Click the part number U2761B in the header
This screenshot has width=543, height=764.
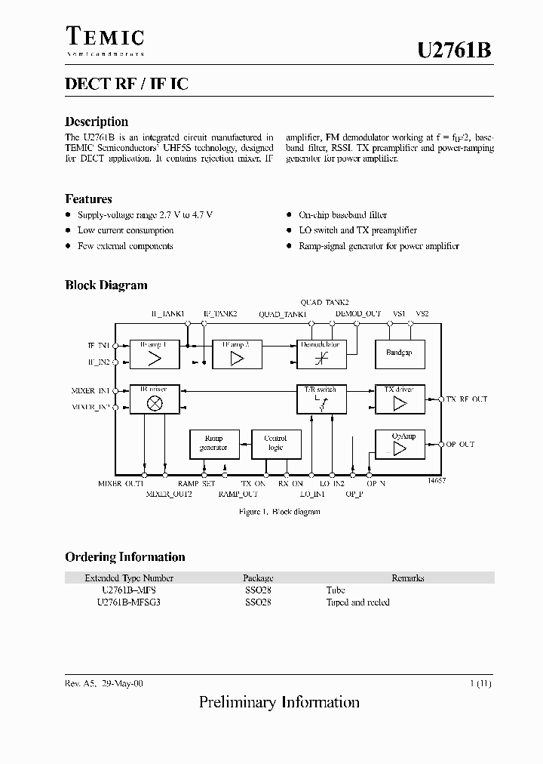(x=455, y=51)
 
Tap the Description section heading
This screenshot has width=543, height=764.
(x=97, y=122)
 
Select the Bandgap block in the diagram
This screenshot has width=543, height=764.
(x=399, y=353)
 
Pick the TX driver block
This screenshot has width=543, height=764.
(x=399, y=399)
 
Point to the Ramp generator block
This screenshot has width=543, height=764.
(x=214, y=443)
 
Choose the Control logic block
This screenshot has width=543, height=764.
(x=275, y=443)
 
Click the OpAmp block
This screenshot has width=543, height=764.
(x=399, y=444)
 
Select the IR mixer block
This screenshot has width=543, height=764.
(x=154, y=399)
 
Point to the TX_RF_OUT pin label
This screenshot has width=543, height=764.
(x=467, y=399)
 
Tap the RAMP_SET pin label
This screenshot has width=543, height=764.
(x=197, y=483)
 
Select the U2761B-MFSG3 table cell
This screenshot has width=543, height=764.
(x=129, y=602)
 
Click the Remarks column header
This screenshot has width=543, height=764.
(x=407, y=578)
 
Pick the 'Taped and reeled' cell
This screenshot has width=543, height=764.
(x=357, y=602)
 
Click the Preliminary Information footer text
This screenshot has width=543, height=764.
(x=279, y=702)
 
